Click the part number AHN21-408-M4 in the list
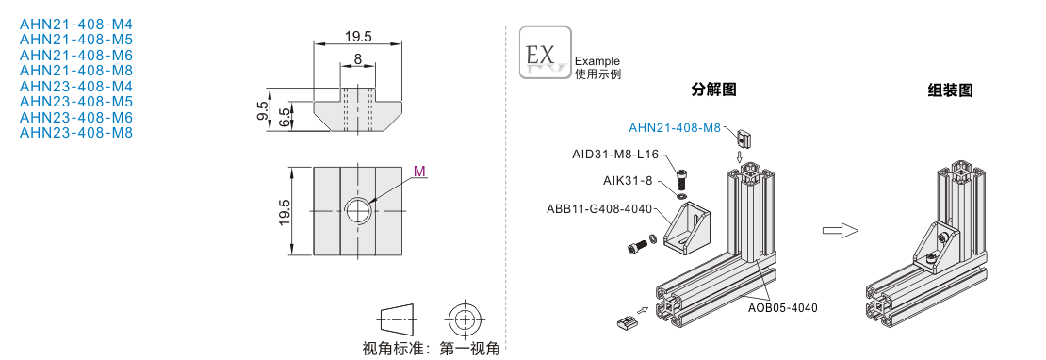click(x=76, y=25)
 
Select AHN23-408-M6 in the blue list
click(x=76, y=118)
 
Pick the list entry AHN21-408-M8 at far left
click(x=76, y=71)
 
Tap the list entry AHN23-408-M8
click(x=76, y=133)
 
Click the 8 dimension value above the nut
click(x=358, y=58)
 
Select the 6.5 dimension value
click(x=285, y=118)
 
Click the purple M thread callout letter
click(x=419, y=172)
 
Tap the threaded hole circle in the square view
click(x=358, y=211)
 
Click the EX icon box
click(x=546, y=53)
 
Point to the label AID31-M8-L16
click(x=615, y=154)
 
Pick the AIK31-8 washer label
click(x=628, y=181)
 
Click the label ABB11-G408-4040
click(x=599, y=208)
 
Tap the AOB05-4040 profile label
click(x=782, y=307)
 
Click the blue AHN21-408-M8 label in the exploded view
click(x=675, y=127)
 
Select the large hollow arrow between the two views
click(x=840, y=231)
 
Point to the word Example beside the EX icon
click(x=597, y=61)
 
